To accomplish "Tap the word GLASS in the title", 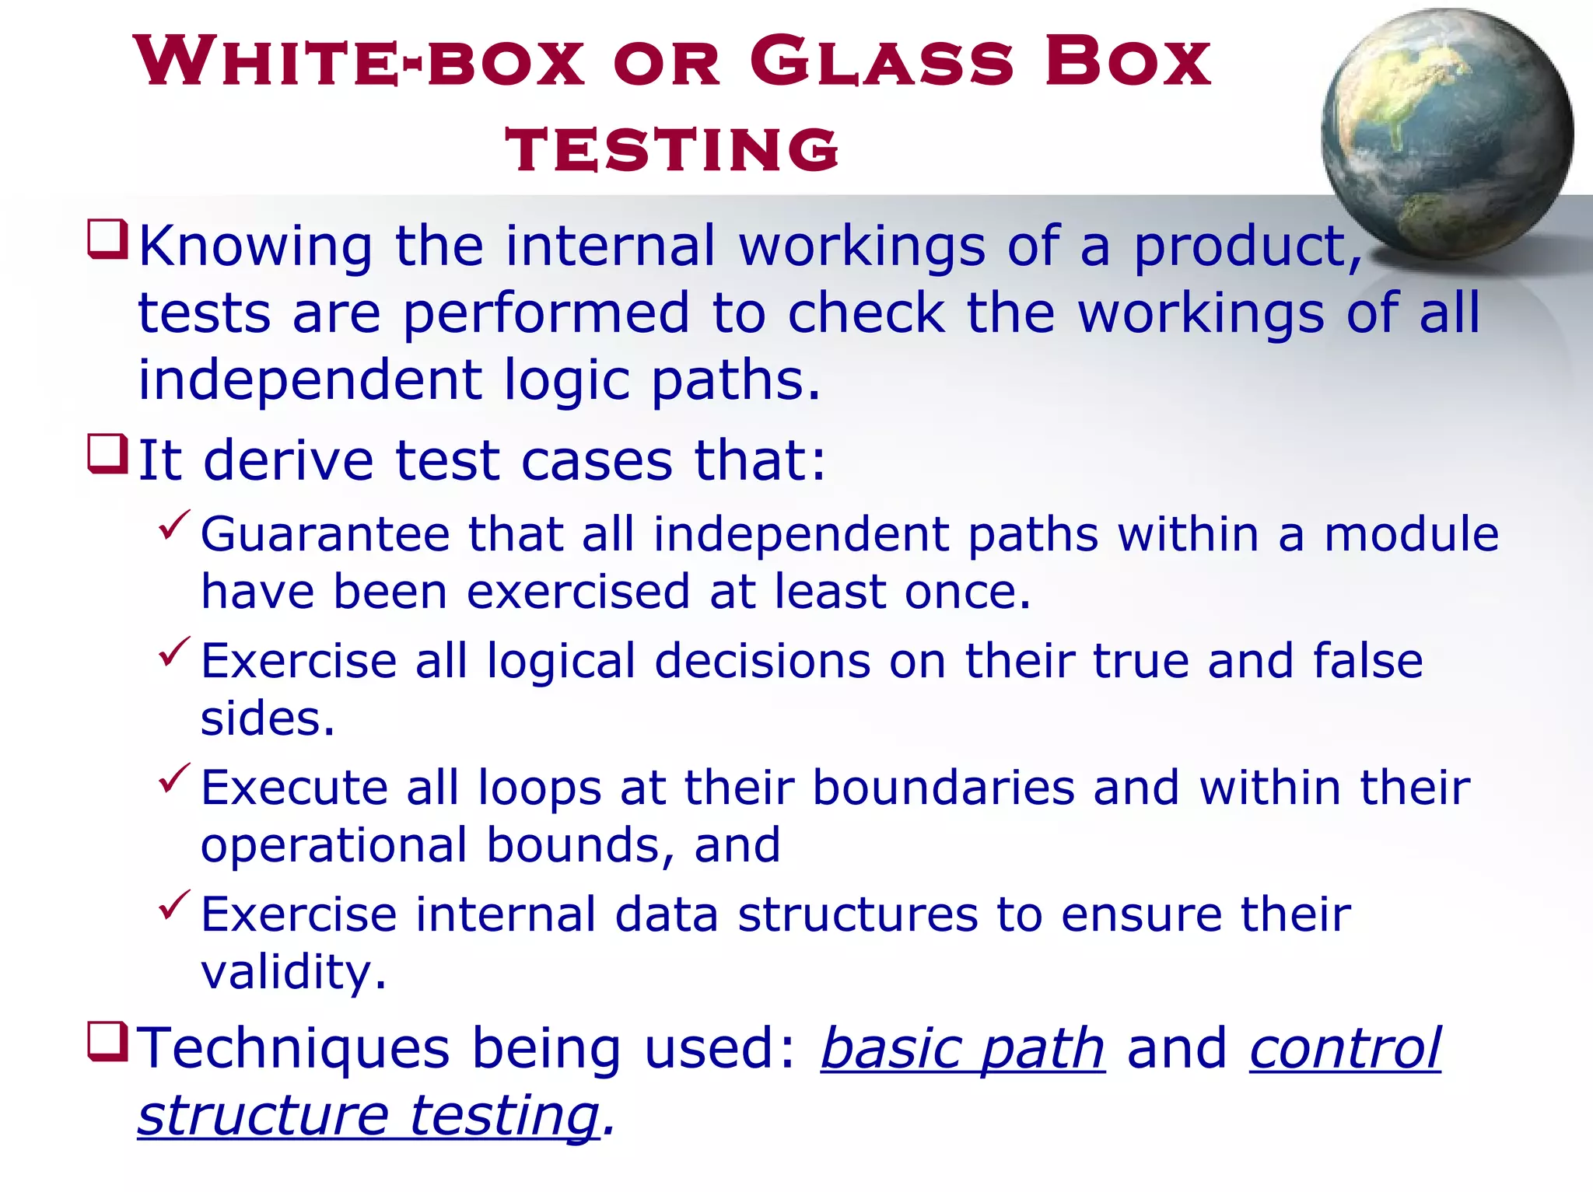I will click(882, 61).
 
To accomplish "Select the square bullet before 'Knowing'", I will click(107, 239).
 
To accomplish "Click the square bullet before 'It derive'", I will click(107, 454).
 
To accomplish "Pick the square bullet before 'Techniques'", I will click(107, 1042).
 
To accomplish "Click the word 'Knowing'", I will click(256, 246).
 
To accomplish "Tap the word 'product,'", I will click(1248, 248).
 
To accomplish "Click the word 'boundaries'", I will click(943, 788).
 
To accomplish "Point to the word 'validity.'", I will click(293, 972).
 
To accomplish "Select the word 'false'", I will click(1368, 661).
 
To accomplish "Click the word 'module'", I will click(1411, 535).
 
